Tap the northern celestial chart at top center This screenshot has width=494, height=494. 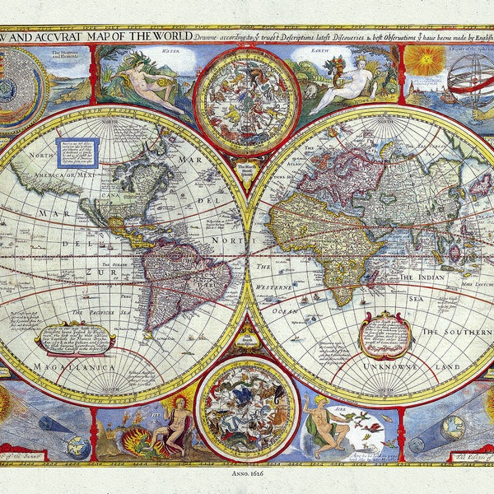click(235, 100)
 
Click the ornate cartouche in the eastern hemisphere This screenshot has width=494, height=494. click(386, 333)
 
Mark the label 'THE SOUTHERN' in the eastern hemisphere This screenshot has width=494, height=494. click(458, 329)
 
